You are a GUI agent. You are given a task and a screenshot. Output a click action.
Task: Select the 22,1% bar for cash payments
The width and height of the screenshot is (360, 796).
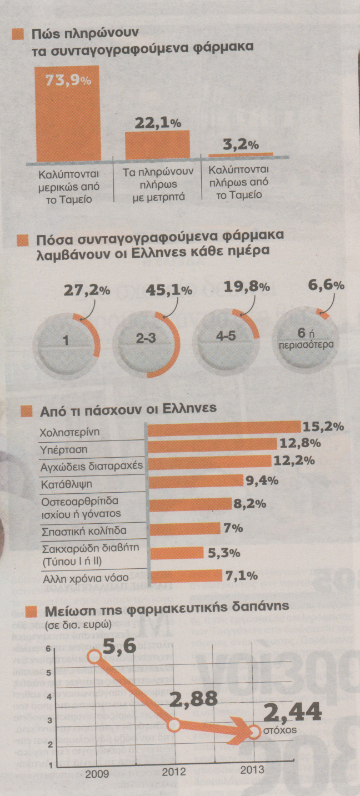(x=157, y=146)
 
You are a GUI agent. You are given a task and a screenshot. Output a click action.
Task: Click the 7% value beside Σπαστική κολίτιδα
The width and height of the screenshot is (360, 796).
(x=233, y=528)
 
